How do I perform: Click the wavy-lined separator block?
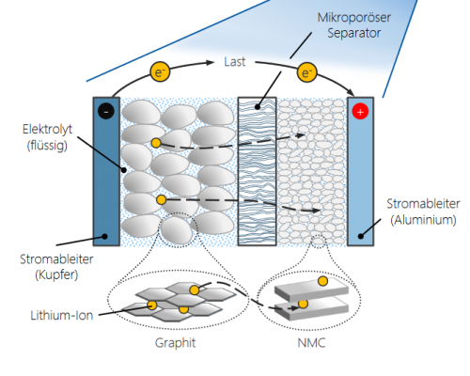coord(257,170)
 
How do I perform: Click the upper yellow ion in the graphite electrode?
coord(156,143)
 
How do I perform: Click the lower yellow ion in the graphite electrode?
coord(162,200)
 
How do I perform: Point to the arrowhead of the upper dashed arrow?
coord(302,135)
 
